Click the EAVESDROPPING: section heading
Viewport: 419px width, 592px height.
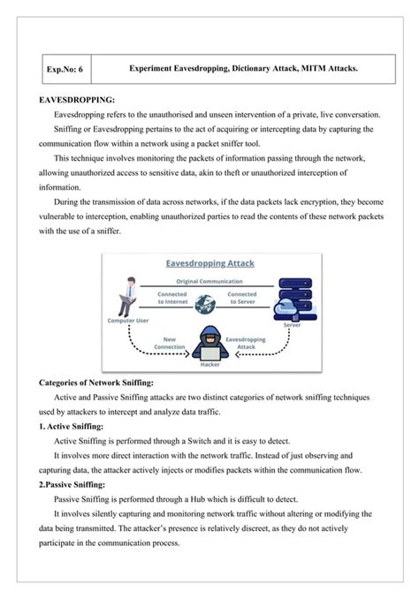click(x=78, y=101)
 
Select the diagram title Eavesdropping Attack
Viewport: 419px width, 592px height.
click(x=209, y=262)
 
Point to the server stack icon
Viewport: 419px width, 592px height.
click(x=289, y=298)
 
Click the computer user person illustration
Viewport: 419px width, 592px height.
click(x=129, y=298)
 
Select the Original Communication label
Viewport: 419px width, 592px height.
click(x=209, y=281)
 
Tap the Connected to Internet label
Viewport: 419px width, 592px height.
click(x=172, y=298)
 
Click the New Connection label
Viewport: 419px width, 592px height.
click(x=174, y=342)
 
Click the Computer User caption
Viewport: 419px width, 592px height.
click(x=127, y=322)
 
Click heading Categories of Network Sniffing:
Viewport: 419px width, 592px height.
click(x=97, y=383)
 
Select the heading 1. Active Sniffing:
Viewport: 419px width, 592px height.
click(x=72, y=426)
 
